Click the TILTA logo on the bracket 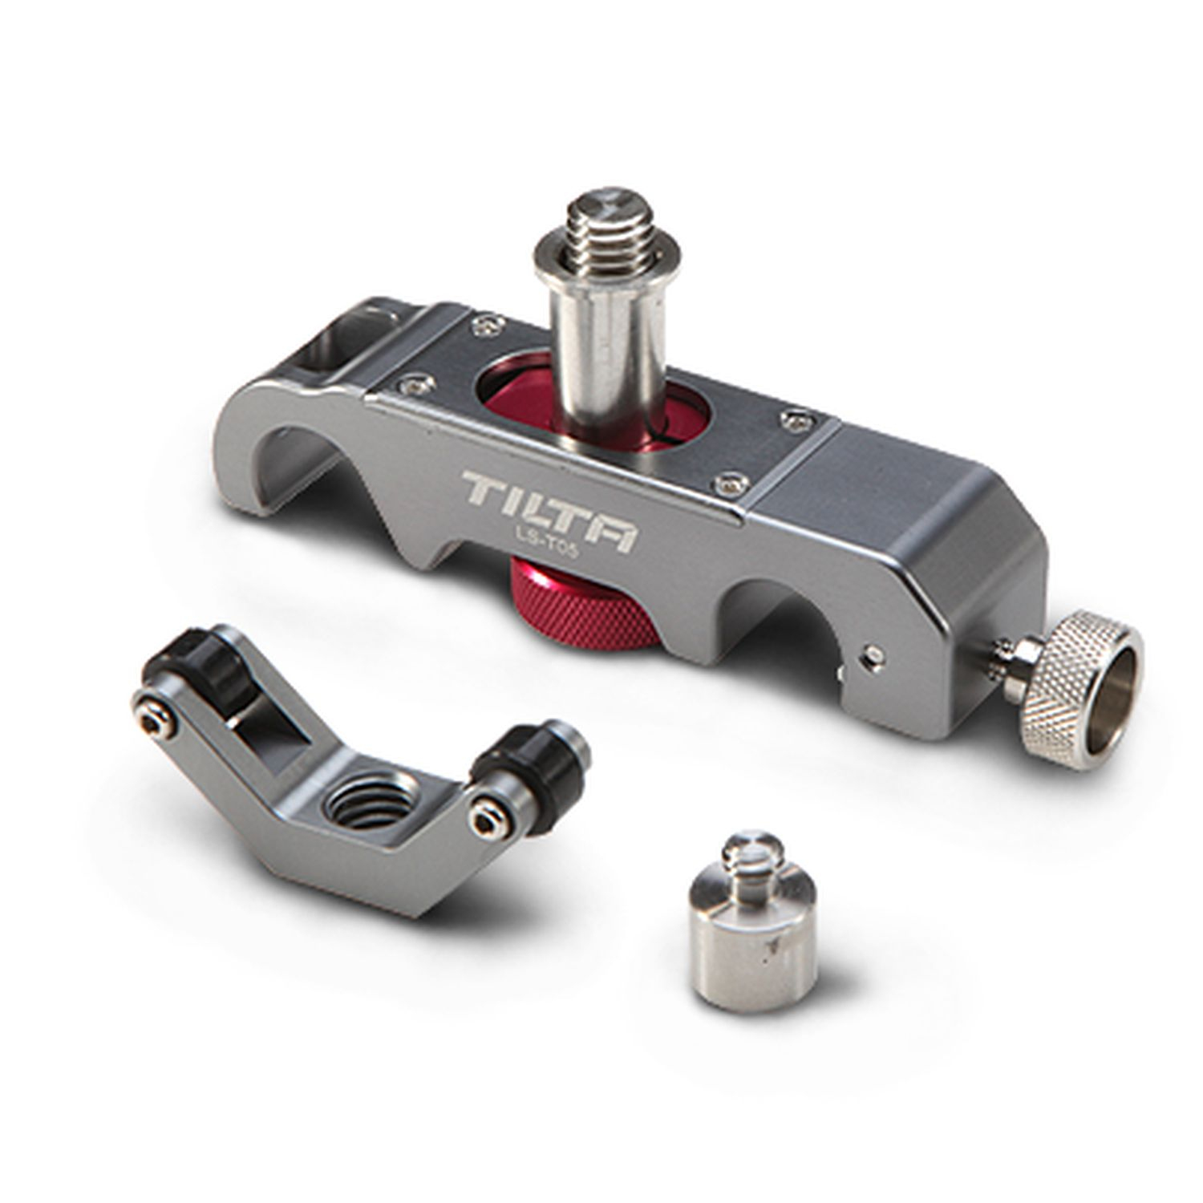(x=549, y=512)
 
